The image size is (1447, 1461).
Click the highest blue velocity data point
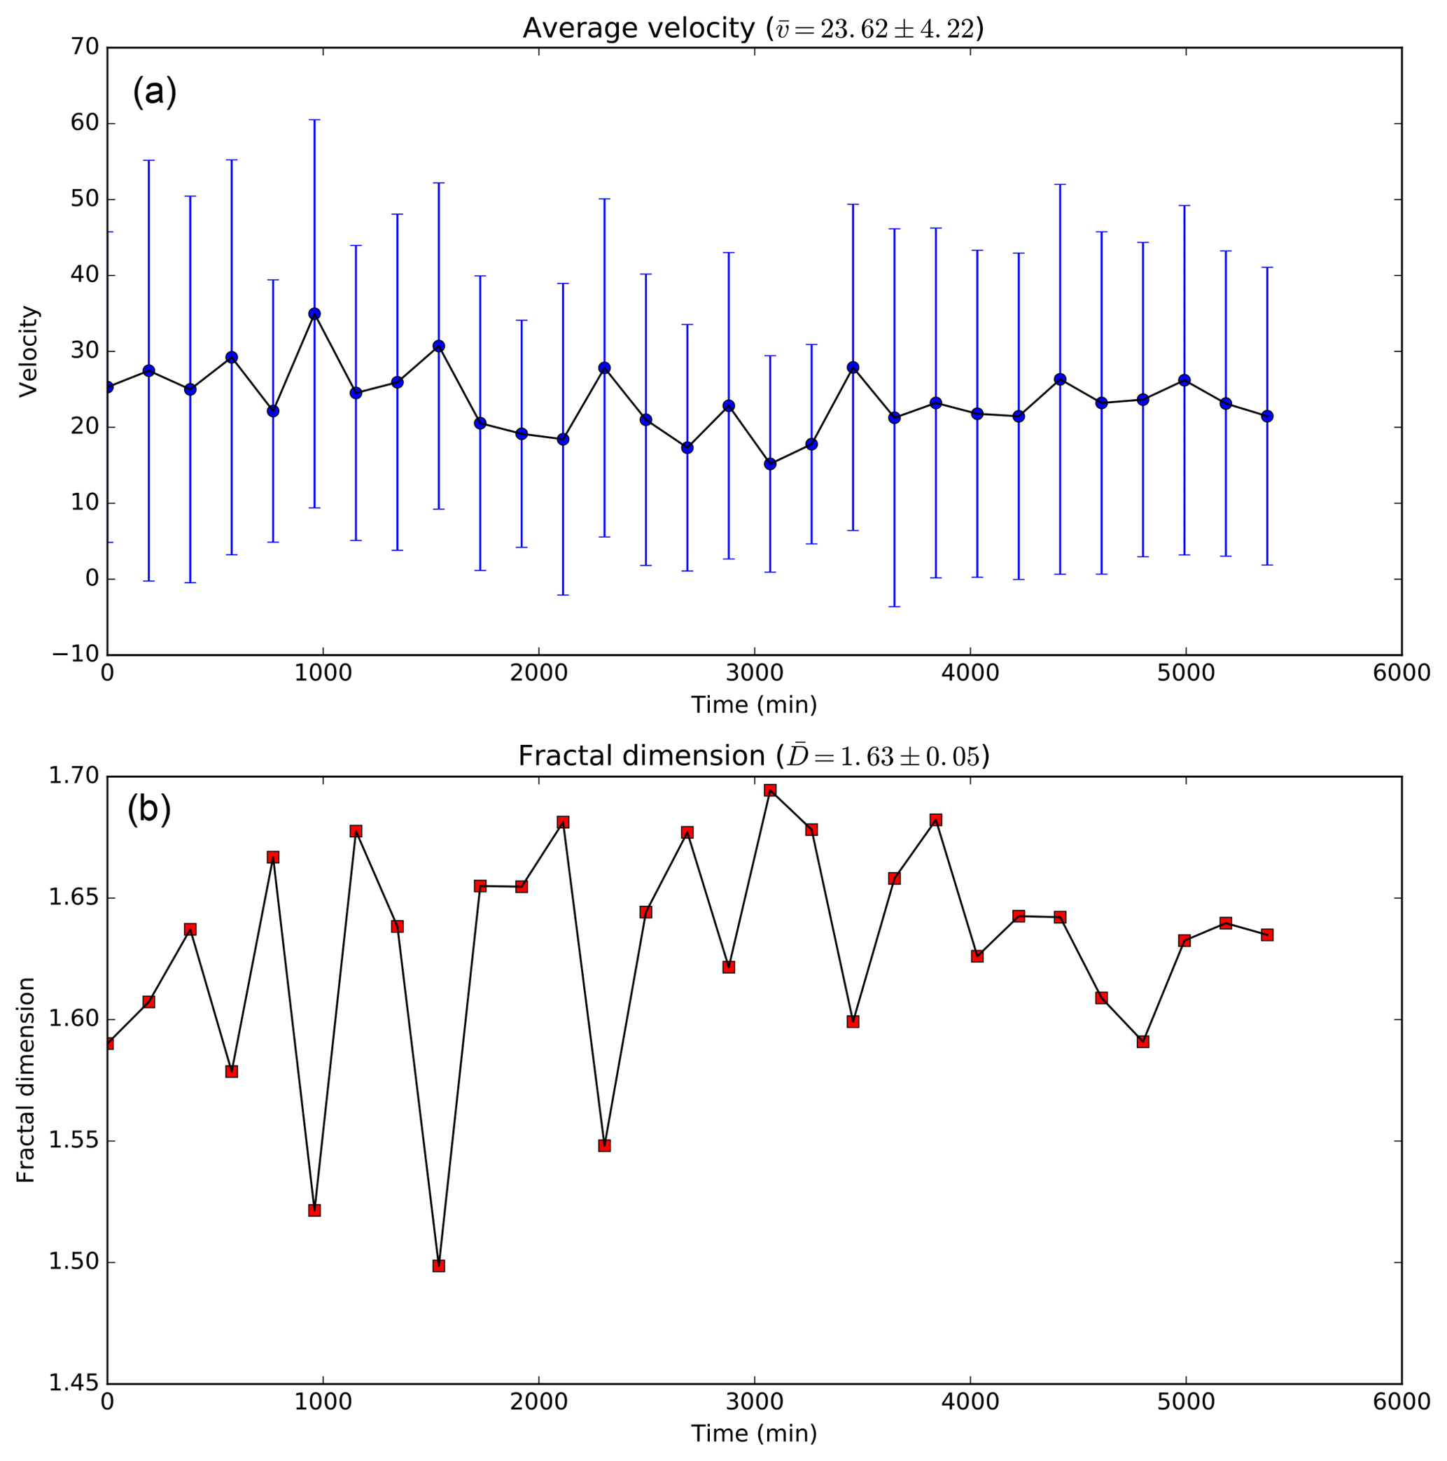[314, 314]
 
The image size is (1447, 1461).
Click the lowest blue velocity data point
[770, 463]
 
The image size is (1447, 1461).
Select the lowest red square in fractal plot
[439, 1266]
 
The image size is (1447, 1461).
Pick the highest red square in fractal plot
[770, 790]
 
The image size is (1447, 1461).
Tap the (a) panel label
[154, 92]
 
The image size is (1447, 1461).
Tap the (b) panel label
[149, 809]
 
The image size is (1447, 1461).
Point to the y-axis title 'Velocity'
[28, 351]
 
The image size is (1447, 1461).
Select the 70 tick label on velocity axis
[85, 48]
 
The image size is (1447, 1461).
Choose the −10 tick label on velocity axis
[76, 654]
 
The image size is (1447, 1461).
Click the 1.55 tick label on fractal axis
[74, 1141]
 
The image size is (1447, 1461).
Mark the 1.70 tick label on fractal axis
[74, 776]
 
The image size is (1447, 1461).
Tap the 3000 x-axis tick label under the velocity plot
[754, 673]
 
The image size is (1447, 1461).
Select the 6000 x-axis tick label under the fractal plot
[1401, 1401]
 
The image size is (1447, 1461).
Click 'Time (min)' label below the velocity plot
[754, 705]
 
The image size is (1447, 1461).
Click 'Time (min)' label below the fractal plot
[754, 1433]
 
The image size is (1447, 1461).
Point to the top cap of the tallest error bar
[314, 120]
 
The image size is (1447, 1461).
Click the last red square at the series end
[1267, 935]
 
